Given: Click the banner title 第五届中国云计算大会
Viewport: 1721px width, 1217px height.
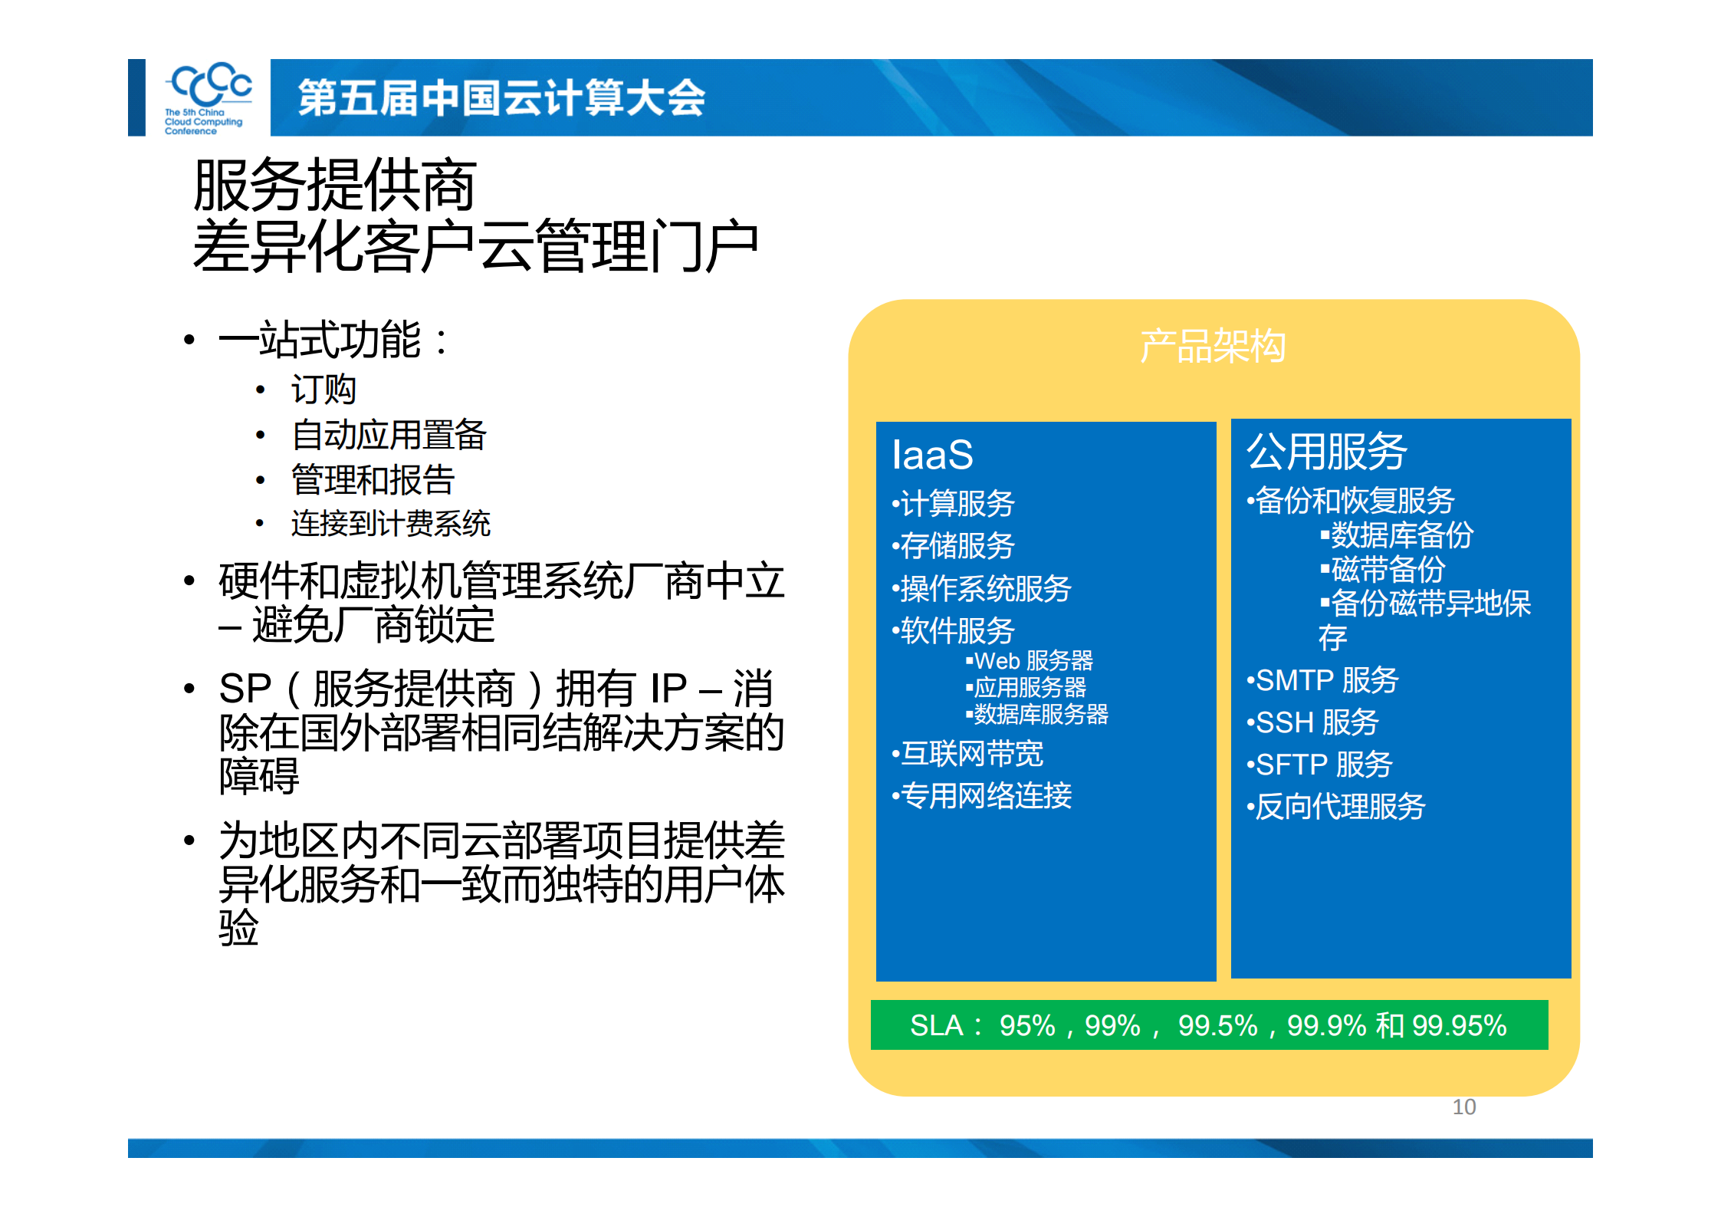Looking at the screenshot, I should click(501, 98).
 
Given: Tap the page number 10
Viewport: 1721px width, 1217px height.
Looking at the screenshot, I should click(1463, 1107).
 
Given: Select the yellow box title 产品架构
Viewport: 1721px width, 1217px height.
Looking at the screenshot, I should click(1212, 346).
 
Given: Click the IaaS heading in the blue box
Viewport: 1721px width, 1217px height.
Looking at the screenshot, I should click(932, 455).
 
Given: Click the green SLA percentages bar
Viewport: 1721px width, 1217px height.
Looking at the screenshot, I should click(1209, 1025).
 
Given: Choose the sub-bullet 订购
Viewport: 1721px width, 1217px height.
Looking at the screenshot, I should click(324, 390).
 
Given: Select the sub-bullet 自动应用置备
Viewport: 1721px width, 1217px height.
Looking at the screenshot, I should click(389, 435).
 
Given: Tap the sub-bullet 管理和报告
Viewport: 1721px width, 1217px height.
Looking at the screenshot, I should click(373, 480).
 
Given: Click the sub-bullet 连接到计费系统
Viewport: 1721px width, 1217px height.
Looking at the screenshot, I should click(390, 524).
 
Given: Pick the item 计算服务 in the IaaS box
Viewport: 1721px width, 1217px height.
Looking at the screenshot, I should click(957, 504).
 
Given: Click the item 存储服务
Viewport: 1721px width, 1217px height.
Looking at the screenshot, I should click(957, 546).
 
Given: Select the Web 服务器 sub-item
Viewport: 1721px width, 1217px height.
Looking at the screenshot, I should click(1033, 660).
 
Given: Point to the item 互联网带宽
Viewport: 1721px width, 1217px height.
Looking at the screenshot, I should click(971, 754).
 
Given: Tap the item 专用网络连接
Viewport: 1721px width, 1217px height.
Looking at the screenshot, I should click(985, 796).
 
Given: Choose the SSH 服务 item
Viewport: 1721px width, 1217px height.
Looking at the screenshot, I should click(1316, 722).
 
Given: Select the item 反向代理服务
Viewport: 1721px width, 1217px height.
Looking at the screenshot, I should click(1339, 807).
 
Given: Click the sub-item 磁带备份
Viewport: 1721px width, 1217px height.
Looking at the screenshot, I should click(1387, 569).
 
